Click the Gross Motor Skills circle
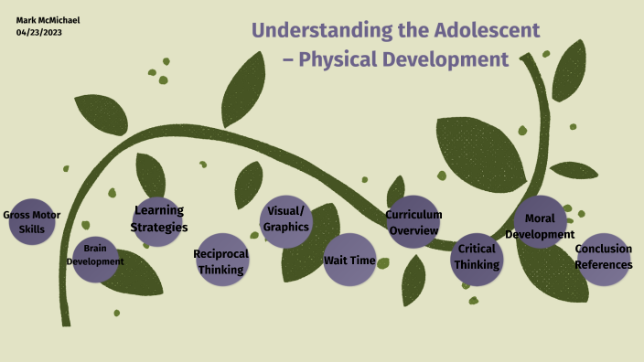(32, 222)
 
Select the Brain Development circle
(98, 255)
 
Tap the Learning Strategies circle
(159, 219)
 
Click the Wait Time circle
(349, 260)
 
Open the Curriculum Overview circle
(413, 222)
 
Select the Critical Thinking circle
(477, 258)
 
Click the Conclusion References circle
(603, 258)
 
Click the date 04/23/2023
(39, 33)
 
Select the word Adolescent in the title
(488, 29)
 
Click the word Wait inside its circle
(337, 261)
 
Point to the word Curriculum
(413, 215)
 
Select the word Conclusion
(603, 250)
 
